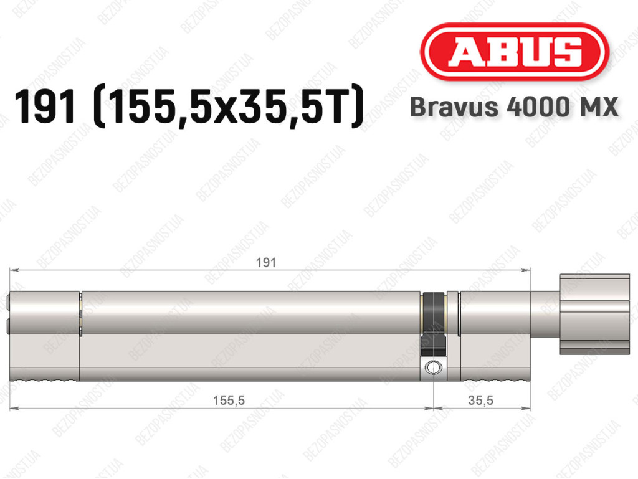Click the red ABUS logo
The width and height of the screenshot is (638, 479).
pos(514,52)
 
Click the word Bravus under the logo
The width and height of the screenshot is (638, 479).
pos(454,107)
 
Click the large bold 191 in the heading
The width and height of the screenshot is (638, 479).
pos(45,107)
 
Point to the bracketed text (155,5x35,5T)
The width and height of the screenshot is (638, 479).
pos(228,107)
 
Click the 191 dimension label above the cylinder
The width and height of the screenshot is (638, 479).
pos(265,263)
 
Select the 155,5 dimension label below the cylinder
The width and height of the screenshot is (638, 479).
pos(229,401)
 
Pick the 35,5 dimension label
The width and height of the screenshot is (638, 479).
pos(480,401)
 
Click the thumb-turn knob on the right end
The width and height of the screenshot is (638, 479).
pos(594,315)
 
